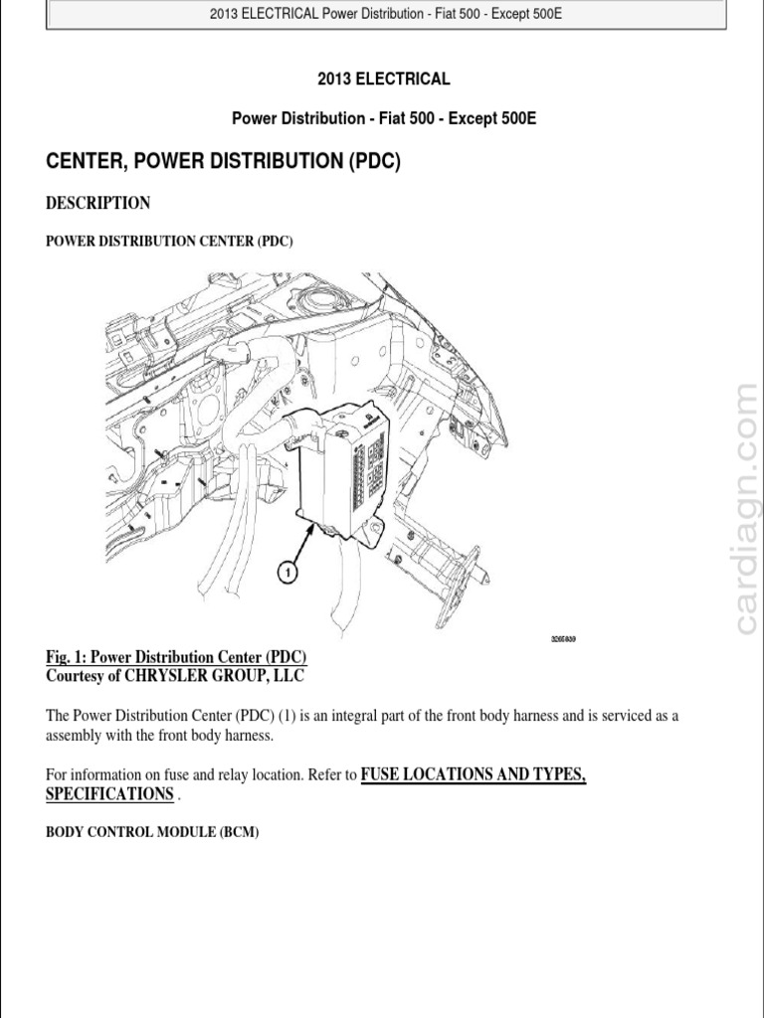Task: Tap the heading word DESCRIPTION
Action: pos(98,203)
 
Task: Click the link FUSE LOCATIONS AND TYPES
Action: pos(473,774)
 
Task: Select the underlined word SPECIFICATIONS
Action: pos(110,794)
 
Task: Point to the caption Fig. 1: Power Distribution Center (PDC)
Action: pos(177,657)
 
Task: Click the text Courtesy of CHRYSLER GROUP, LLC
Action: pos(175,676)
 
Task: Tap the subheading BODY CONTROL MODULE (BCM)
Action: pos(152,833)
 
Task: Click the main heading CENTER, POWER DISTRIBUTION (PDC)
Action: pos(224,162)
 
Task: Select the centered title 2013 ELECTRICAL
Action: pos(384,80)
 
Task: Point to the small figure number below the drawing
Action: pos(563,639)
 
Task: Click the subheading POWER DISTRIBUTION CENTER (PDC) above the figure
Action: pos(169,242)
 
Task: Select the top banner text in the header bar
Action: pos(386,14)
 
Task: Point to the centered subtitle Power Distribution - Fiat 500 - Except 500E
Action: pos(384,118)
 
